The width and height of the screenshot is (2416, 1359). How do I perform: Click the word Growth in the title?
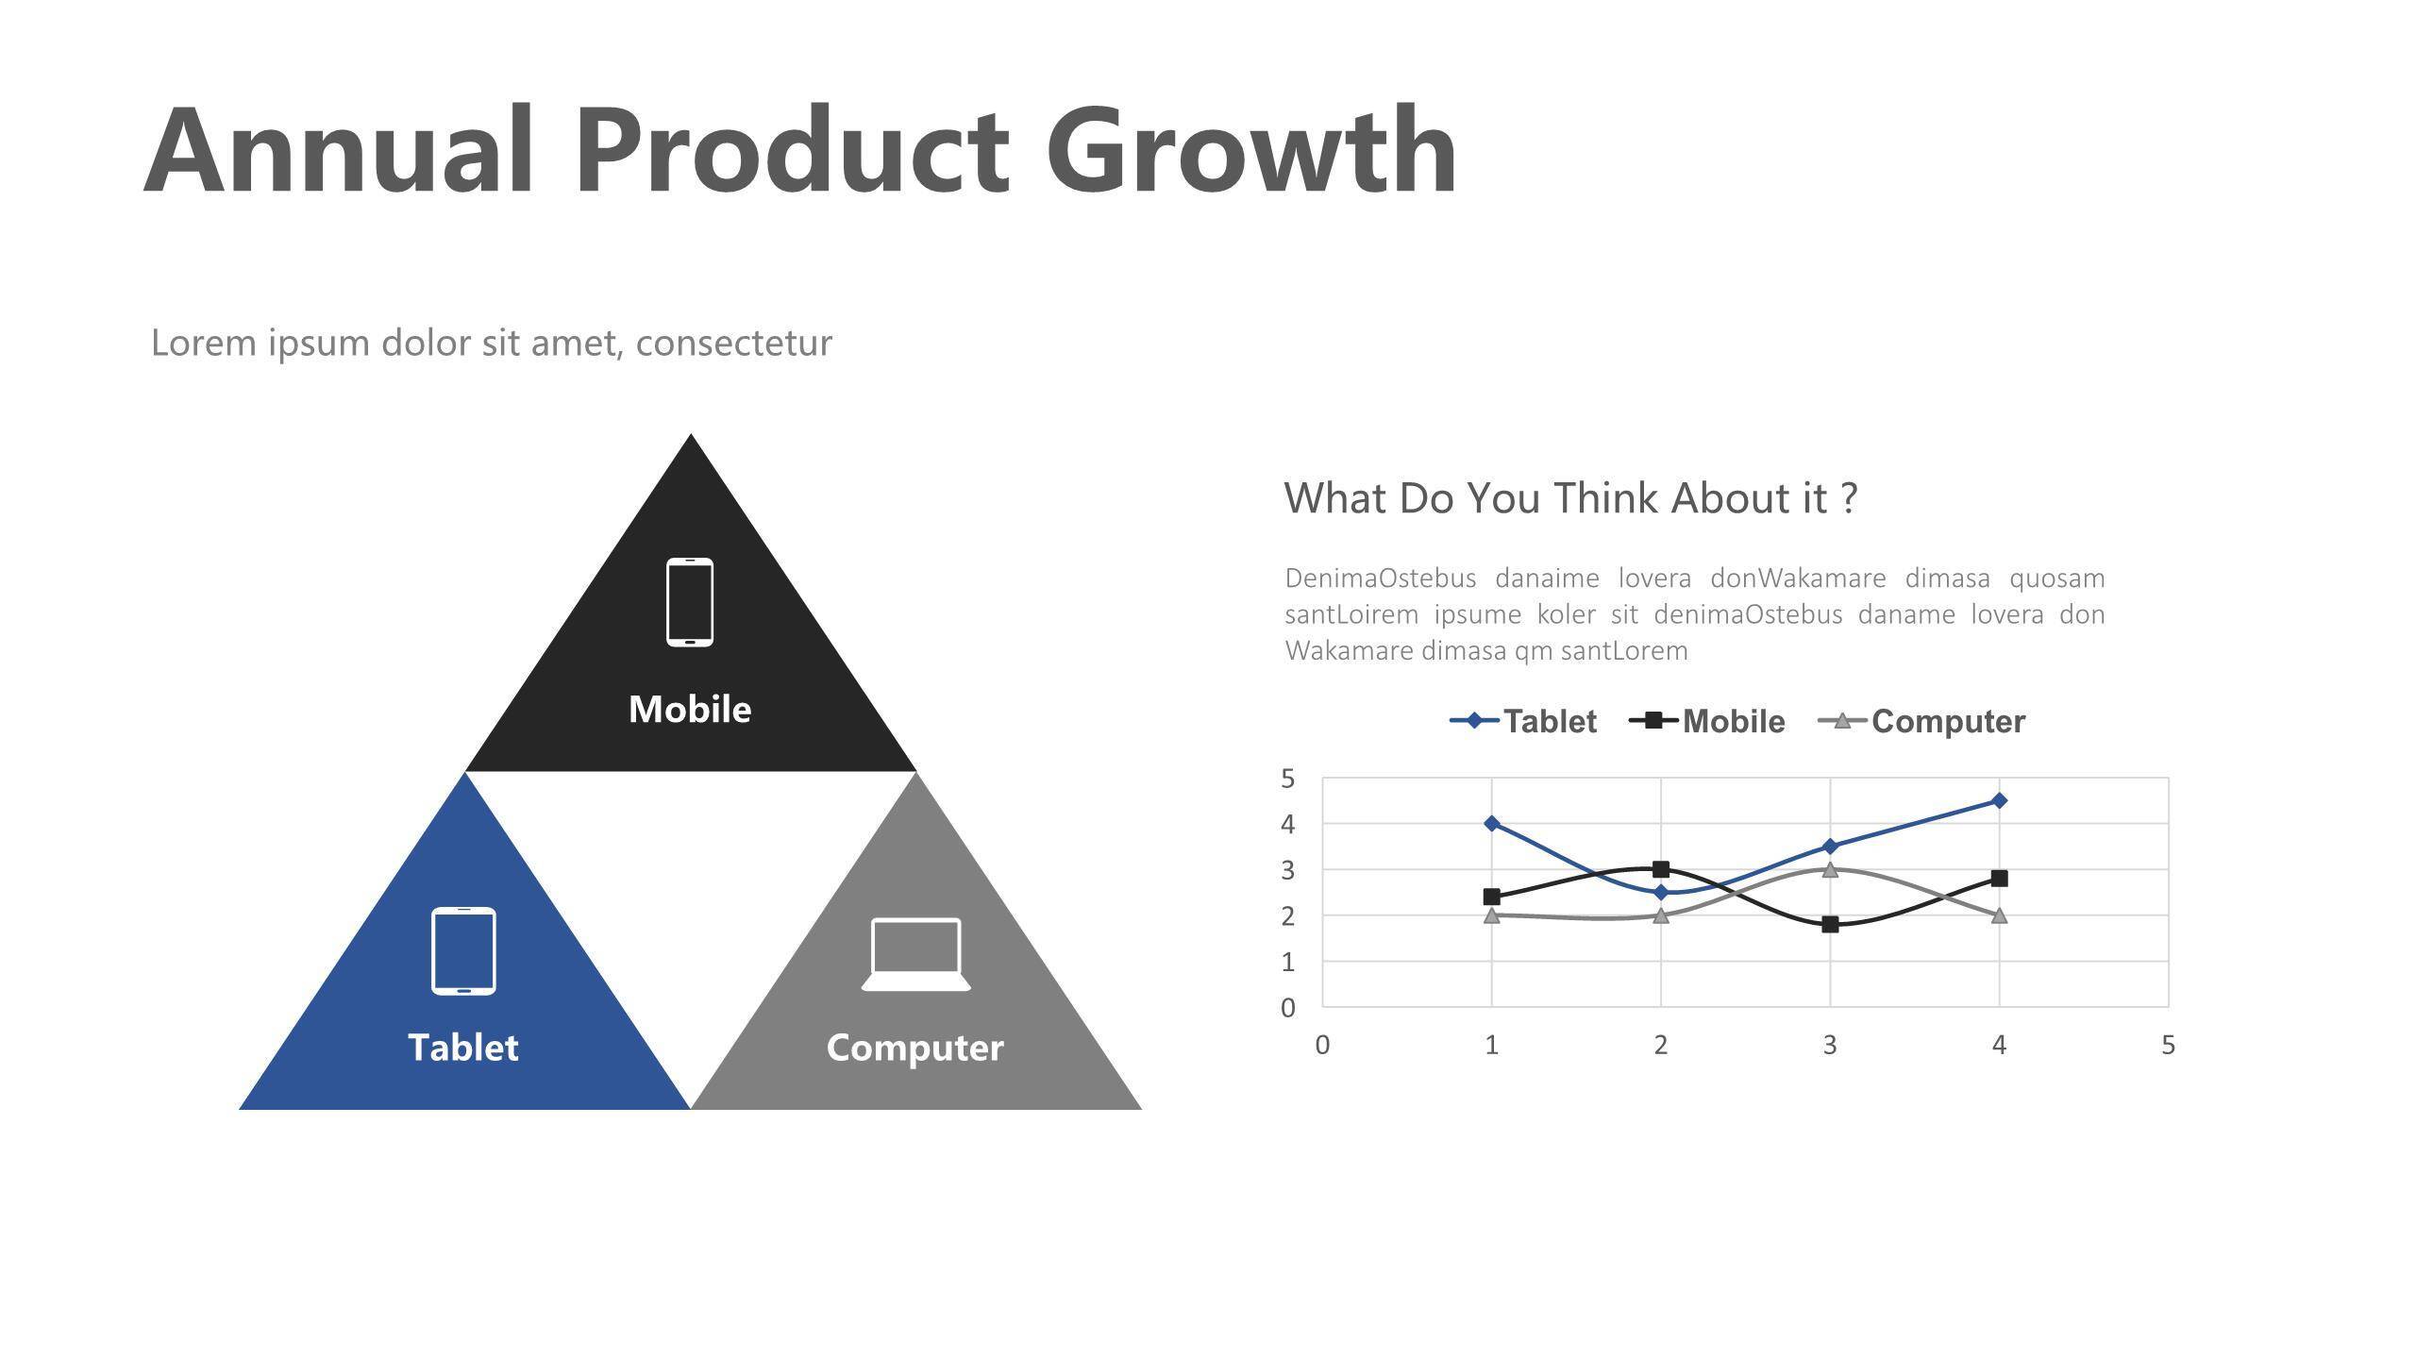pyautogui.click(x=1251, y=151)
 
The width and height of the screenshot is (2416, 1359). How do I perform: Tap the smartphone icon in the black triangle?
pyautogui.click(x=690, y=602)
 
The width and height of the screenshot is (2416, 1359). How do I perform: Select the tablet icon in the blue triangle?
pyautogui.click(x=463, y=950)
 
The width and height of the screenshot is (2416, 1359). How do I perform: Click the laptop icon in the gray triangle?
pyautogui.click(x=915, y=954)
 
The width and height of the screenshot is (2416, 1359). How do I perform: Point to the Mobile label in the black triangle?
pyautogui.click(x=690, y=709)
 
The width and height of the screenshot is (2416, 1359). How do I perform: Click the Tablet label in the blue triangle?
pyautogui.click(x=463, y=1048)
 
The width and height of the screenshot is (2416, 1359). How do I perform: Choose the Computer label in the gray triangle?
pyautogui.click(x=915, y=1049)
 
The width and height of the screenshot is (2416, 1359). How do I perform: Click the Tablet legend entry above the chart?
pyautogui.click(x=1523, y=721)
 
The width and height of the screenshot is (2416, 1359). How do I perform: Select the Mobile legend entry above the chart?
pyautogui.click(x=1707, y=721)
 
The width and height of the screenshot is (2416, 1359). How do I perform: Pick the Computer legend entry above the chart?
pyautogui.click(x=1921, y=721)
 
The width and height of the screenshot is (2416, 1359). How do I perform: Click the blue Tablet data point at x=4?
pyautogui.click(x=1999, y=800)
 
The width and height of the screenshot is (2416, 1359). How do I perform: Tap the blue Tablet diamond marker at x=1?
pyautogui.click(x=1491, y=823)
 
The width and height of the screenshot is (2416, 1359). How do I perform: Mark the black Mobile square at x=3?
pyautogui.click(x=1830, y=924)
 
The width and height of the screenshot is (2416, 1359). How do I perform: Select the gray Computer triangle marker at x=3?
pyautogui.click(x=1830, y=869)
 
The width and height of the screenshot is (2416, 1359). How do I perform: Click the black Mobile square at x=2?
pyautogui.click(x=1661, y=869)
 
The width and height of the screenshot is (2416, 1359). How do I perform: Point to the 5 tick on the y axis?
pyautogui.click(x=1288, y=779)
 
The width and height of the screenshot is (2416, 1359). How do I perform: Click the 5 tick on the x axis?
pyautogui.click(x=2168, y=1045)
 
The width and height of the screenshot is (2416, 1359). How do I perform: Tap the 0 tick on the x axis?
pyautogui.click(x=1322, y=1045)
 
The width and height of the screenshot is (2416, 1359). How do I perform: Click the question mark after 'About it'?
pyautogui.click(x=1849, y=497)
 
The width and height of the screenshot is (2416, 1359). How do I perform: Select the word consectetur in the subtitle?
pyautogui.click(x=734, y=343)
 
